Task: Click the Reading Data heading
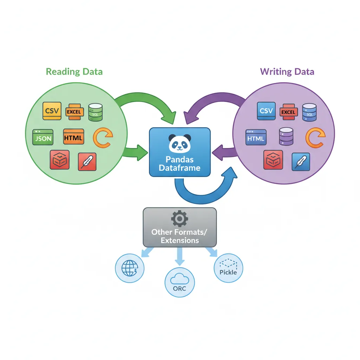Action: (x=74, y=72)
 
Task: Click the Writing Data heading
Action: (x=287, y=72)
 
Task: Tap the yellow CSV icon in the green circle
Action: (x=52, y=111)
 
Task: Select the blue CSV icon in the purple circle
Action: (x=266, y=111)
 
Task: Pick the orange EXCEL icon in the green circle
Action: (x=74, y=112)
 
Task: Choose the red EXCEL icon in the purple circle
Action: (x=288, y=112)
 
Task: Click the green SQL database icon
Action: (x=95, y=111)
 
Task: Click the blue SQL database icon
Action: (x=309, y=111)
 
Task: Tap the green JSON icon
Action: (x=43, y=138)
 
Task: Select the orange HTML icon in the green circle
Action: (x=73, y=137)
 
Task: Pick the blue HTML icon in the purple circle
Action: (x=256, y=138)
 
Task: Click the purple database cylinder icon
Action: (x=286, y=136)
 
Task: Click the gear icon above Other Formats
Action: (x=179, y=219)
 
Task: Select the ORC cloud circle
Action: (x=179, y=283)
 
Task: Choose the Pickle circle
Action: (x=228, y=269)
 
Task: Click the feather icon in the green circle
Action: (x=86, y=161)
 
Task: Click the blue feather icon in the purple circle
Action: (x=301, y=161)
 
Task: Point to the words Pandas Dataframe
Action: (x=179, y=163)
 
